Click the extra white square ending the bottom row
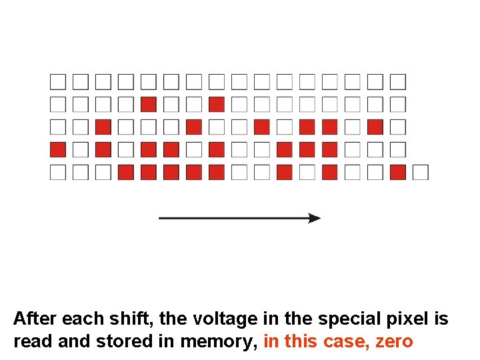point(420,172)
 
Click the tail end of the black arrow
point(161,218)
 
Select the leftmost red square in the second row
point(149,104)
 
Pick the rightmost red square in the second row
point(216,104)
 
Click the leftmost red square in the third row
point(103,127)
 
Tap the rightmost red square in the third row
point(375,127)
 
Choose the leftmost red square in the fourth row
point(58,149)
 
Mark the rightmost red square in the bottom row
point(398,172)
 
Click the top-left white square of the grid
point(58,81)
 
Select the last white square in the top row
point(398,81)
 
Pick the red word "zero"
point(394,342)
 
